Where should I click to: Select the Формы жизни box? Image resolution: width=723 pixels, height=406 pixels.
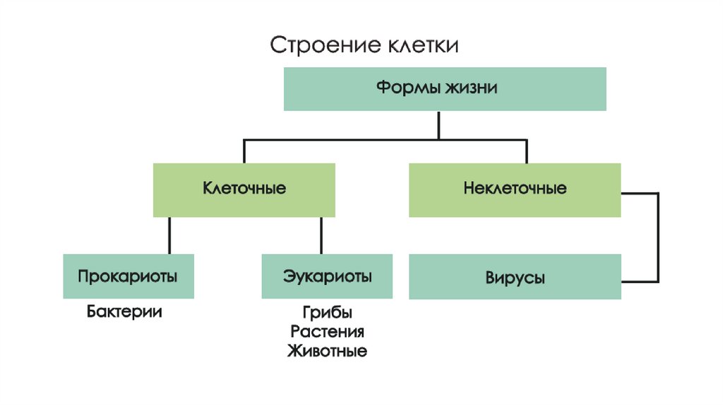445,89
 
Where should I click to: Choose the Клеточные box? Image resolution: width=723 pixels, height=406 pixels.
244,190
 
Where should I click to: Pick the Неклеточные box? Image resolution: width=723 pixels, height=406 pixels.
515,190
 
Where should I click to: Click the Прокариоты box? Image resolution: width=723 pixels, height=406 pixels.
128,276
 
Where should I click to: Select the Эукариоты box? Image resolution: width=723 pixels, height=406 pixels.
328,276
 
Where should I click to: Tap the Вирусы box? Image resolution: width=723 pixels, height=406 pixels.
515,277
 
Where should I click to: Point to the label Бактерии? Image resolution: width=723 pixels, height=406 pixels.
125,311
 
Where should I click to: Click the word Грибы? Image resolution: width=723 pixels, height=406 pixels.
327,313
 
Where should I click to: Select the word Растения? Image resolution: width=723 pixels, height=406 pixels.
327,332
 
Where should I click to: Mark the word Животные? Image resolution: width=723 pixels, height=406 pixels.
327,351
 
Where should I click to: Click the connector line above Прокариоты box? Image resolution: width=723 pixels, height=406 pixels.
169,236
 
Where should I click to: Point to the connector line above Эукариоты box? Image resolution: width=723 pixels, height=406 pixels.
321,236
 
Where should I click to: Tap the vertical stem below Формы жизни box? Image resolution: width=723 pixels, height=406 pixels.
438,124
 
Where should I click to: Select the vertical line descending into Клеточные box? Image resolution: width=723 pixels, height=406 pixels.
244,151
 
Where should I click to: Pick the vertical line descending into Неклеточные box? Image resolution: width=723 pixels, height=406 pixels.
526,151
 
